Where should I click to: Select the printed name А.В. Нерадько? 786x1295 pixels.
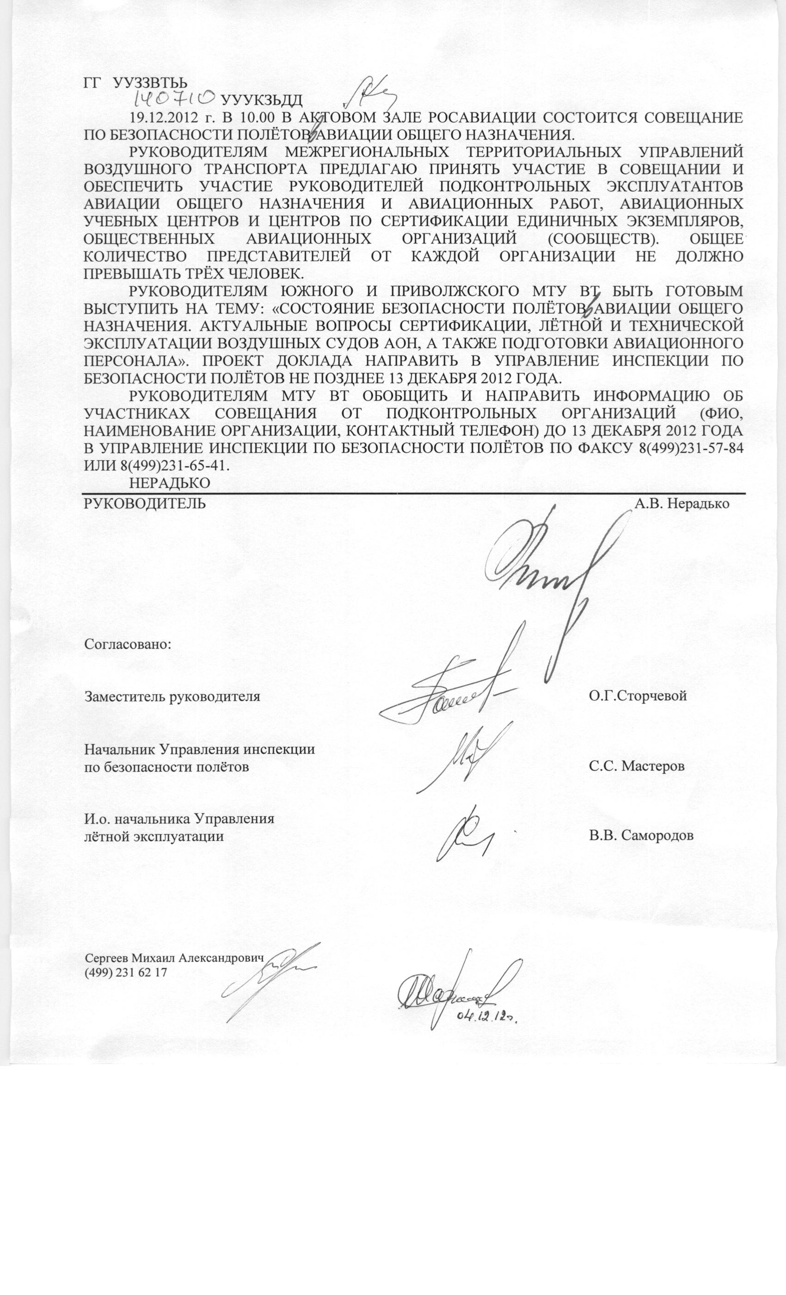682,504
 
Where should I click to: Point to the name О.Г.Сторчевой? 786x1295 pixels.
637,696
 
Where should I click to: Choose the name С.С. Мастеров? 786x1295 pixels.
636,766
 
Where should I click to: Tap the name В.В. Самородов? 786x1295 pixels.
641,835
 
